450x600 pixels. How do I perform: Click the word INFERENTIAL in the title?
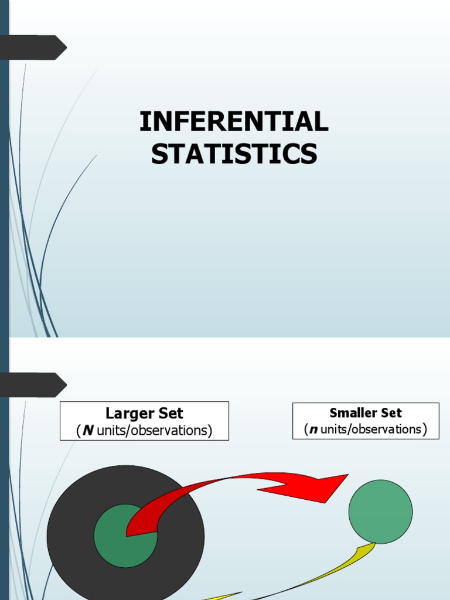coord(234,122)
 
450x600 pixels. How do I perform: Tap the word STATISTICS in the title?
coord(234,154)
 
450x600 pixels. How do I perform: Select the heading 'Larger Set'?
coord(144,414)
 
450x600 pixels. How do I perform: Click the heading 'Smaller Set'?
coord(366,413)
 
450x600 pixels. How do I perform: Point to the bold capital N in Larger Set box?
coord(88,431)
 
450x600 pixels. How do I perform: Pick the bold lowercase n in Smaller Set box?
coord(313,429)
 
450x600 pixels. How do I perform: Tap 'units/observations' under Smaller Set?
coord(371,429)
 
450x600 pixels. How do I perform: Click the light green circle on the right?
coord(380,511)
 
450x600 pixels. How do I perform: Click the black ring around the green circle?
coord(70,527)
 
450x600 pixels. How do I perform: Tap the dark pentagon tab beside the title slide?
coord(33,47)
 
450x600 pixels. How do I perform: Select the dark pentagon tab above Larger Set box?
coord(33,385)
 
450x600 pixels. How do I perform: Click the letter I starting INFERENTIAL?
coord(143,122)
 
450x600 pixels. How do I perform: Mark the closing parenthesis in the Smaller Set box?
coord(424,429)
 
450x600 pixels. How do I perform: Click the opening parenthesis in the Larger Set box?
coord(78,431)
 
